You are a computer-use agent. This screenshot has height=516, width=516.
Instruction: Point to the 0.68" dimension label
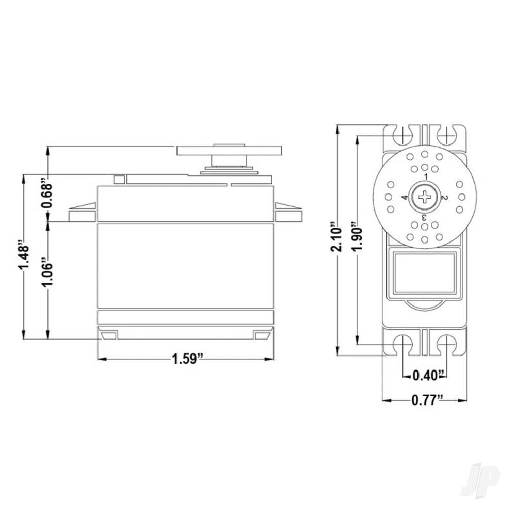pos(47,196)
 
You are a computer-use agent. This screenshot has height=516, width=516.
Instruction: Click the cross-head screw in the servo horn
pos(425,197)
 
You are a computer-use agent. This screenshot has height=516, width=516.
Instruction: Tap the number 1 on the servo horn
pos(426,176)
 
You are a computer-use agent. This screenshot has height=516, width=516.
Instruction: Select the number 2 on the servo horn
pos(445,197)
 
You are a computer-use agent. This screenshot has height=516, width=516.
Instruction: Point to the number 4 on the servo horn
pos(405,197)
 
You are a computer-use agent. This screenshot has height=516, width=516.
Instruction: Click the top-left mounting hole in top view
pos(402,136)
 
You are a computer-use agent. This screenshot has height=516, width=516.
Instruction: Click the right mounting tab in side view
pos(287,214)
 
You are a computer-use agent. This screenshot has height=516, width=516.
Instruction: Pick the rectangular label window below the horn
pos(424,273)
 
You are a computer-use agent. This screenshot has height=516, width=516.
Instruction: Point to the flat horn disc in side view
pos(229,151)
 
